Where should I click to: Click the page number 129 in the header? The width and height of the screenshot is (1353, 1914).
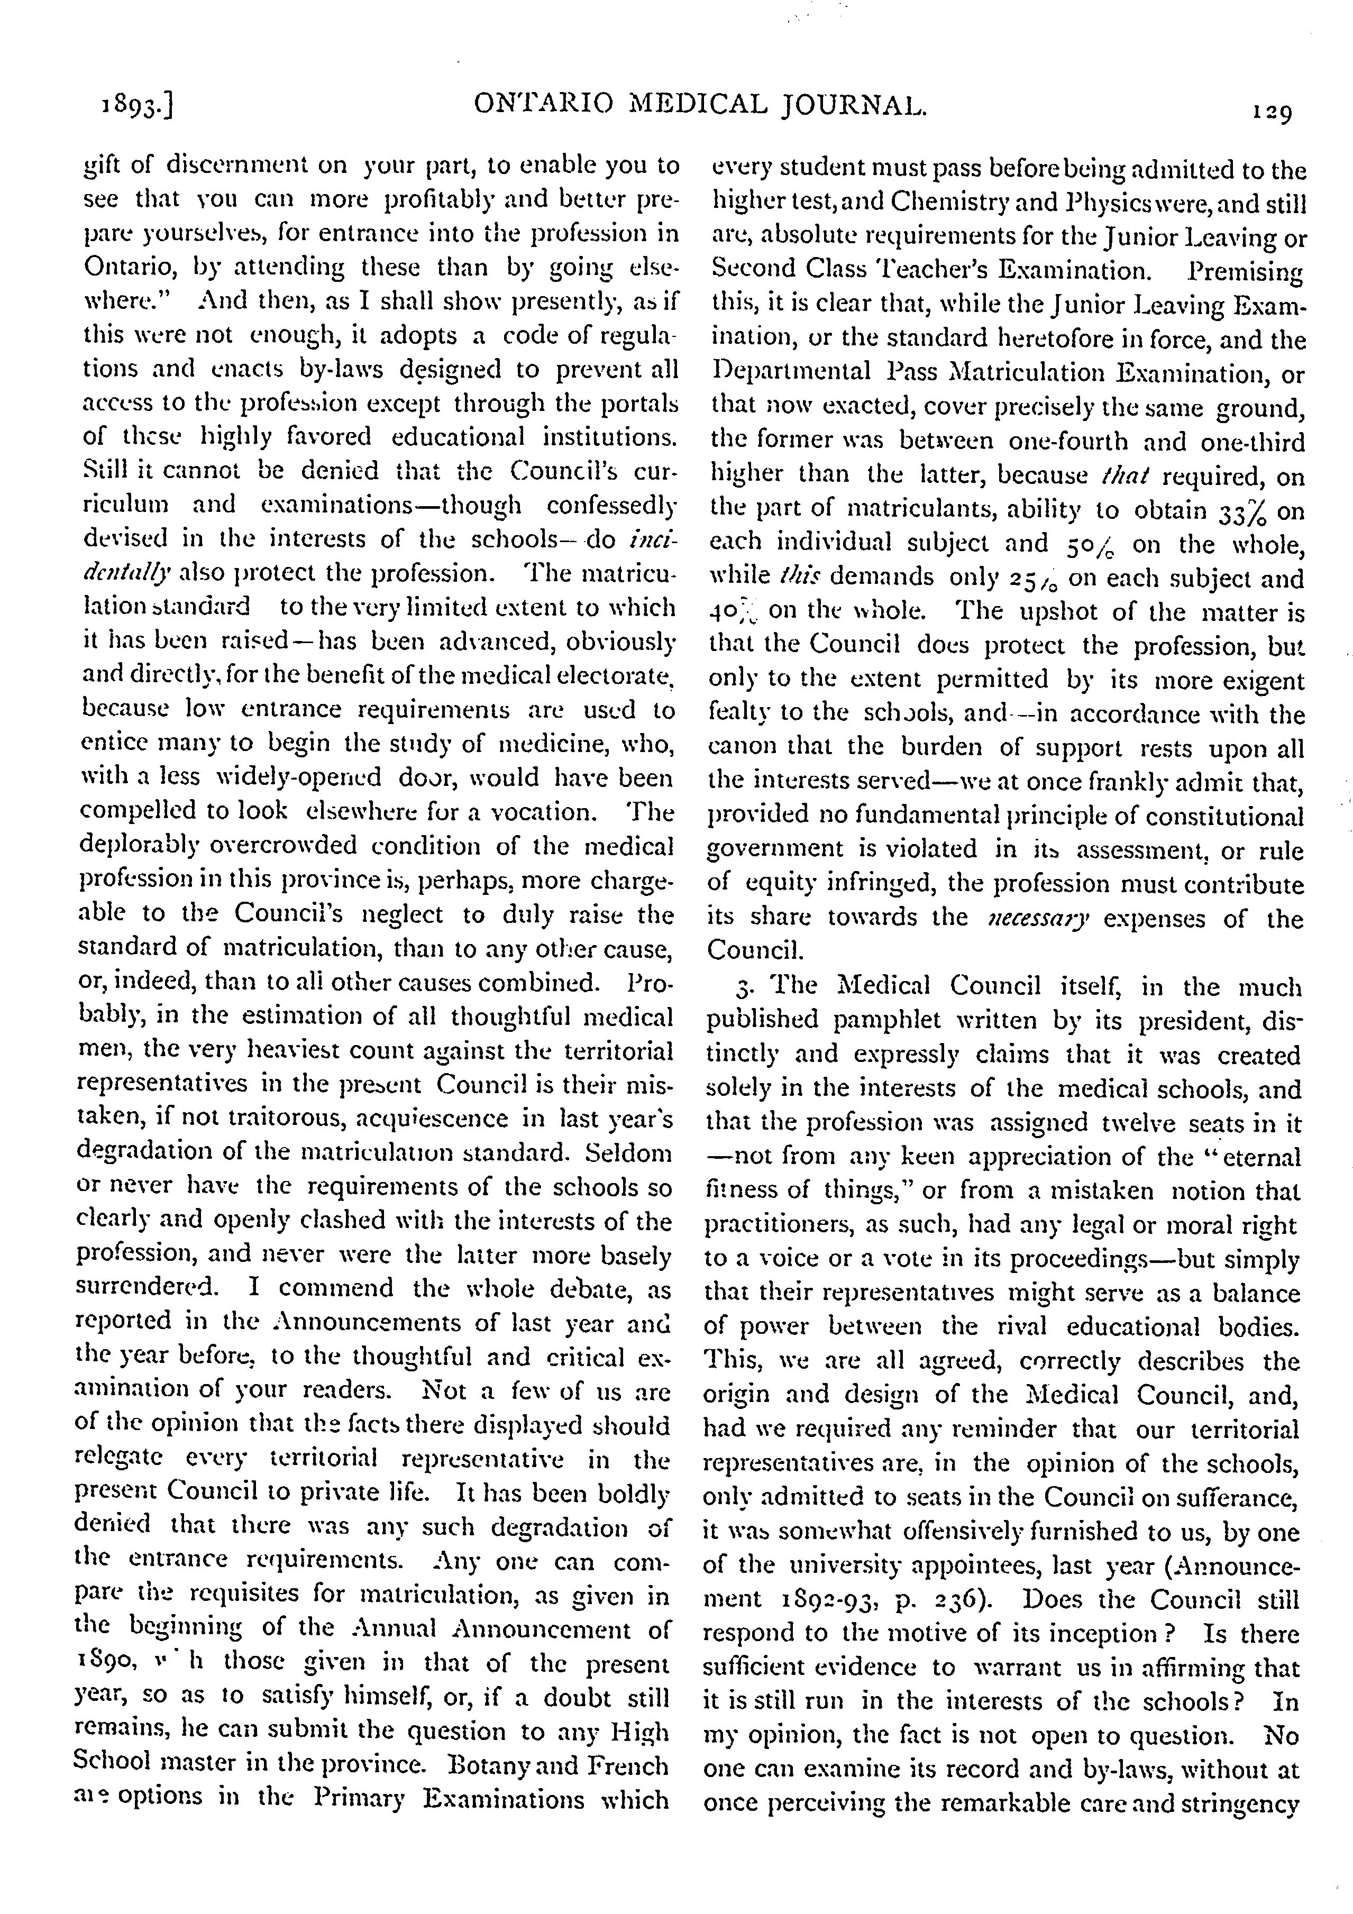click(1270, 112)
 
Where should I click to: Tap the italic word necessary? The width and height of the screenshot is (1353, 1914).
click(1036, 919)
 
